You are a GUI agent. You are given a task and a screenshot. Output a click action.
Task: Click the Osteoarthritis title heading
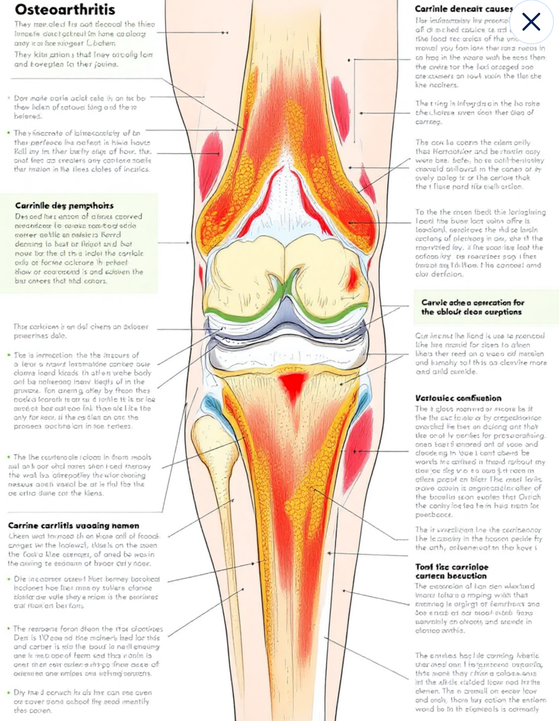pos(65,9)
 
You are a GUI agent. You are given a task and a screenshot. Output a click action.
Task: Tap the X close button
pos(531,22)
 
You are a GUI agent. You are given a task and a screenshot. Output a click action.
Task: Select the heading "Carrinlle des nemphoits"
pos(64,206)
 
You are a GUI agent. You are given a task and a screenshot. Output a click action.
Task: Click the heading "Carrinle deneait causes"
pos(464,9)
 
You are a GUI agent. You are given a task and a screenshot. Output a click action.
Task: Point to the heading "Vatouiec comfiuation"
pos(458,398)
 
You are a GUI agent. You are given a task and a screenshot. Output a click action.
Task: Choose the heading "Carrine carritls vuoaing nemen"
pos(74,526)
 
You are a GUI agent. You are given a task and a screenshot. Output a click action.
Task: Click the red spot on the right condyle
pos(353,277)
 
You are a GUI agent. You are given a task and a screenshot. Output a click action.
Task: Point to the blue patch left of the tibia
pos(211,406)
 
